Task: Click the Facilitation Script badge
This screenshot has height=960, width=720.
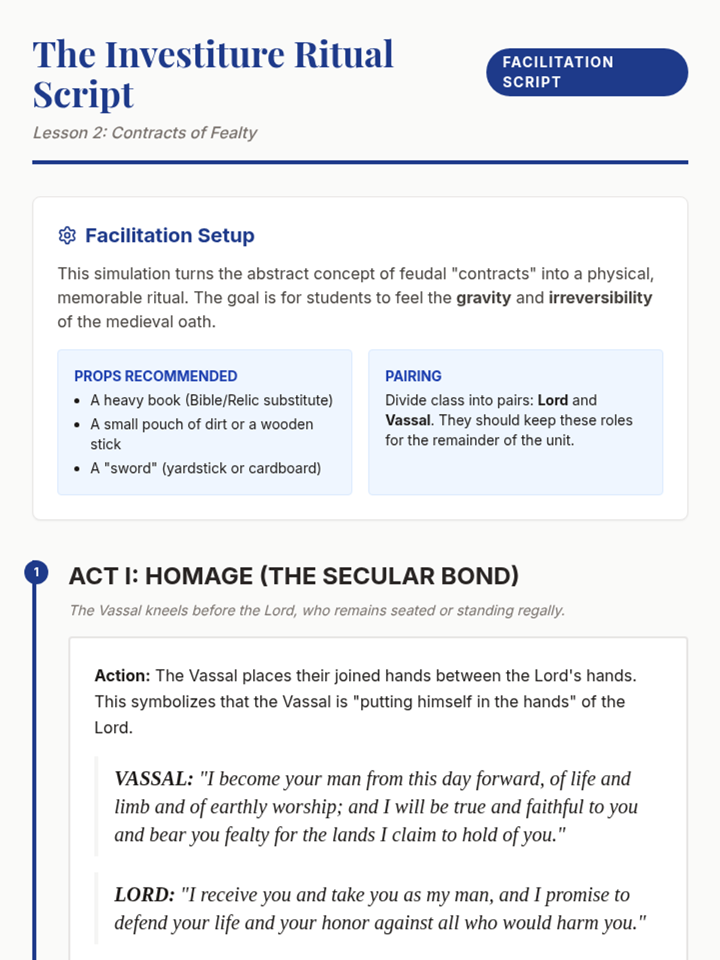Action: (x=586, y=72)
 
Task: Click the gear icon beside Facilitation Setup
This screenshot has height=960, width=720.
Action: (x=67, y=236)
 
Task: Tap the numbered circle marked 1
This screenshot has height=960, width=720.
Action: (x=36, y=572)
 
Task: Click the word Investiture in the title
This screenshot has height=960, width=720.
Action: (x=195, y=55)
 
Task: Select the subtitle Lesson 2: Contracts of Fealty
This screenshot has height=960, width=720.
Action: (x=145, y=133)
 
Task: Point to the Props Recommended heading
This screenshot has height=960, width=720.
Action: (x=155, y=376)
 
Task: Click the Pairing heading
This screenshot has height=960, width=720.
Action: (x=413, y=376)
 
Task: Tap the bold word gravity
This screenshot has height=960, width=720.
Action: (x=483, y=298)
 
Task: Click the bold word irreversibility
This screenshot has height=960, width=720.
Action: (x=600, y=298)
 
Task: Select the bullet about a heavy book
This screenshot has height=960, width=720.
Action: (x=211, y=400)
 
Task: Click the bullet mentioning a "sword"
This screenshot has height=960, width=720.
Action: (x=205, y=468)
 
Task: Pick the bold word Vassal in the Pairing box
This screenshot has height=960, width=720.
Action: (x=407, y=420)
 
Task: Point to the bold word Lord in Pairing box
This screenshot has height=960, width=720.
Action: (x=553, y=400)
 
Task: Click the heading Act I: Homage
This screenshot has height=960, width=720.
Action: (x=293, y=576)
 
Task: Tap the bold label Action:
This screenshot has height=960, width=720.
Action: (x=122, y=676)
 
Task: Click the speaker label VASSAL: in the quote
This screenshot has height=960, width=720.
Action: (x=154, y=779)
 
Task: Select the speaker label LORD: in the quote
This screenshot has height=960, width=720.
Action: (x=144, y=895)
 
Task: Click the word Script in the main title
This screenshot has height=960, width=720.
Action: (x=83, y=95)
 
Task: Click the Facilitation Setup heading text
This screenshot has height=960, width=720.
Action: (x=169, y=236)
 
